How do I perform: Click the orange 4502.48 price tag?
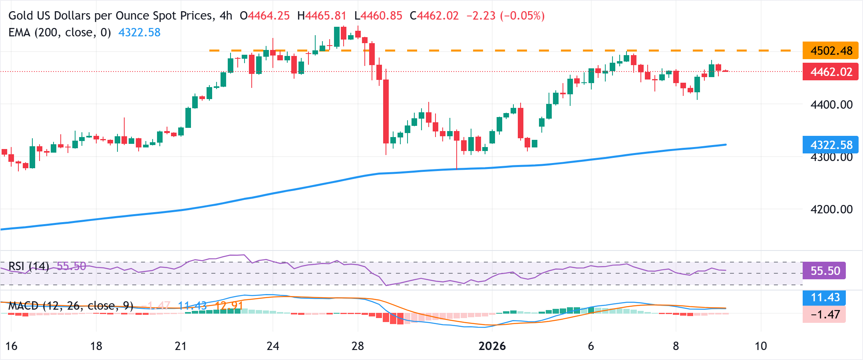tap(830, 51)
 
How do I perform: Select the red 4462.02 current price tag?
tap(830, 72)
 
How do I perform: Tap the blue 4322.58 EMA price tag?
tap(830, 145)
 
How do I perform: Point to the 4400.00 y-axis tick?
tap(831, 105)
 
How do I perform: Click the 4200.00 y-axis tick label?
tap(831, 209)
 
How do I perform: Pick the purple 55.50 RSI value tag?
tap(824, 271)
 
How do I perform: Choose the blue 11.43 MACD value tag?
tap(824, 297)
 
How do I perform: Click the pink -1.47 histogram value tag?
tap(824, 314)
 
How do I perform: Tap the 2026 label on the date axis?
tap(492, 346)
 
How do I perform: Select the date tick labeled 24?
tap(272, 346)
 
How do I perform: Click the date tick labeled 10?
tap(760, 346)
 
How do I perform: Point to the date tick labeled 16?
tap(11, 346)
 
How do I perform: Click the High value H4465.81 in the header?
tap(322, 16)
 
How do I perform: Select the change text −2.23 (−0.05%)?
tap(505, 16)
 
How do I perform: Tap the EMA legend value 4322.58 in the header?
tap(139, 32)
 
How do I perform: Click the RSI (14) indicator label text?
tap(28, 266)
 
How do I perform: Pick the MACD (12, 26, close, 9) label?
tap(71, 306)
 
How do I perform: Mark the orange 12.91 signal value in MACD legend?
tap(229, 306)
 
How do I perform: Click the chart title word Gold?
tap(21, 16)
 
